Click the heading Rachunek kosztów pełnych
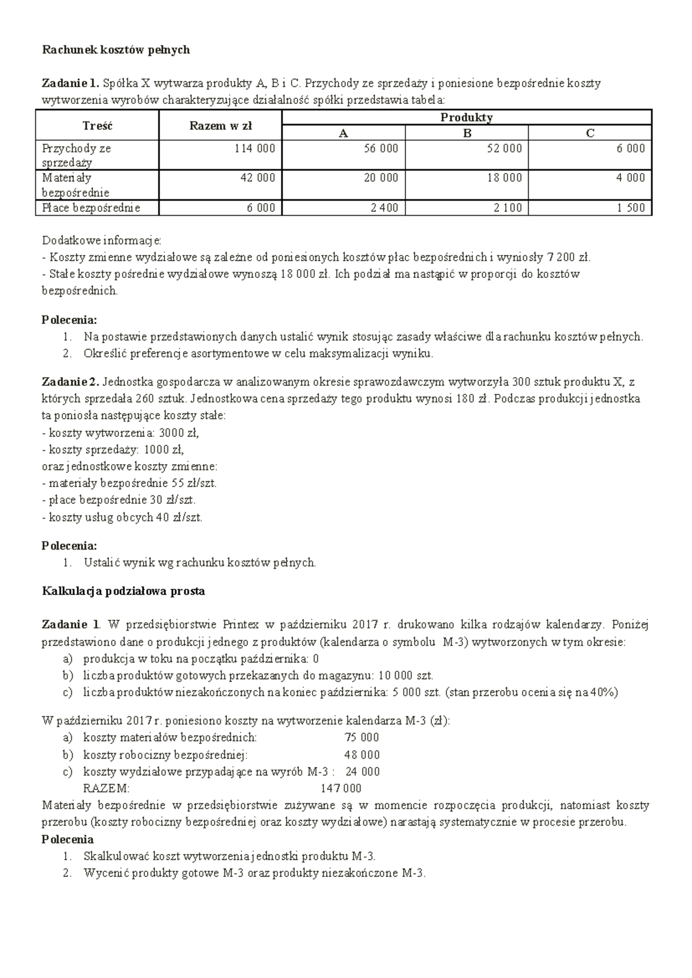click(x=116, y=50)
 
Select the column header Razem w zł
click(x=220, y=126)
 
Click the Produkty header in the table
click(x=467, y=118)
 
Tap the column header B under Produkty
click(x=467, y=133)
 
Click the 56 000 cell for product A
click(x=381, y=148)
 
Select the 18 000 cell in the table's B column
click(x=505, y=178)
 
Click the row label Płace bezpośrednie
click(x=91, y=208)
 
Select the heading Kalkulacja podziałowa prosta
click(x=123, y=591)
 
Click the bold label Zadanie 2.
click(x=71, y=382)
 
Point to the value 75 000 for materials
click(x=362, y=738)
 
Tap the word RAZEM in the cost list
click(x=107, y=788)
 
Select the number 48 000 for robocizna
click(x=362, y=755)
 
